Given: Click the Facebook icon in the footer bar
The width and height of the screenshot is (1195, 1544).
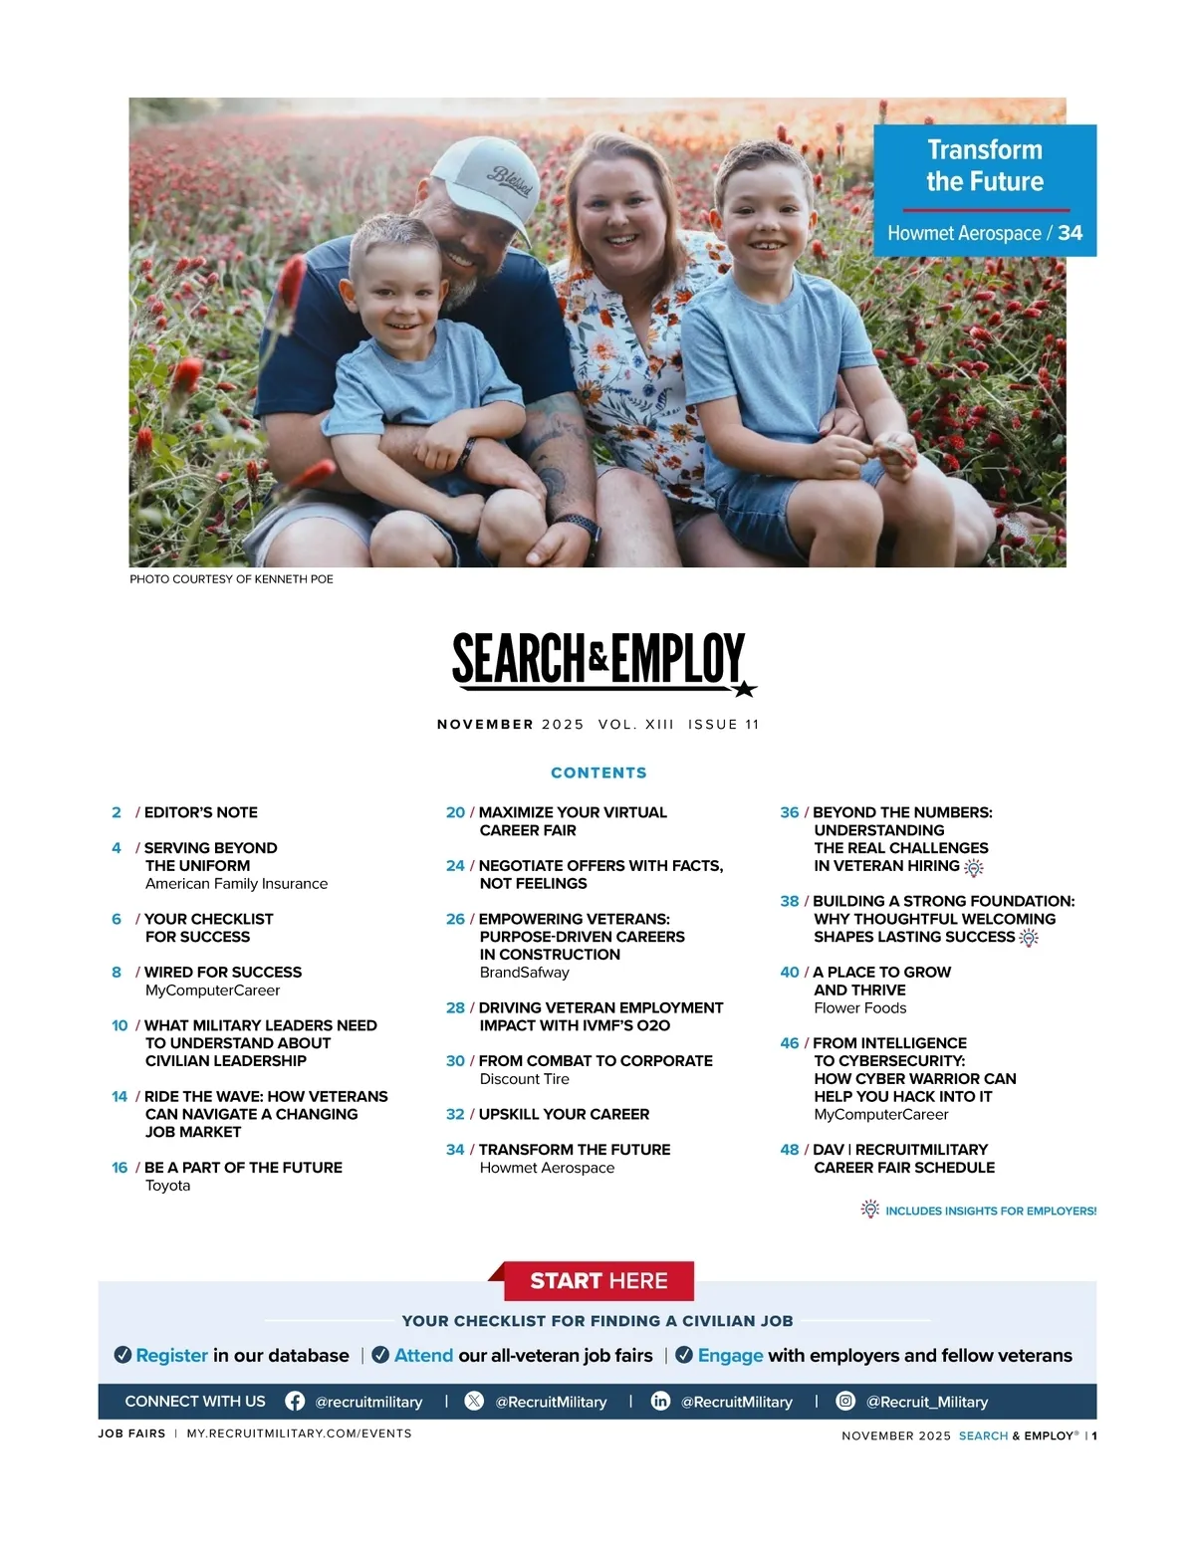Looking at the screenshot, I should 295,1401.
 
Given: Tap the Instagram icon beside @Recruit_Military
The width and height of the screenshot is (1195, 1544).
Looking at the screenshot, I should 845,1401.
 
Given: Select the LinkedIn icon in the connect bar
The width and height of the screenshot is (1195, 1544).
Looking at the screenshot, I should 660,1401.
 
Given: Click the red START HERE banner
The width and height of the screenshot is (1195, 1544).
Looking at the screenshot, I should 598,1281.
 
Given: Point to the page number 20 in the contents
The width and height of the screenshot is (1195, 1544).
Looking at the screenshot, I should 455,812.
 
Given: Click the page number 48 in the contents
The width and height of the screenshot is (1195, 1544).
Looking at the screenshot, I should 790,1149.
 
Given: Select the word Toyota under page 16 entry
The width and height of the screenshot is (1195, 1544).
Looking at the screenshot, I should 167,1185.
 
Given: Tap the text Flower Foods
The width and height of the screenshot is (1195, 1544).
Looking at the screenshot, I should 859,1007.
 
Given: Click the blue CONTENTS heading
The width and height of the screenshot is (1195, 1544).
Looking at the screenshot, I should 598,772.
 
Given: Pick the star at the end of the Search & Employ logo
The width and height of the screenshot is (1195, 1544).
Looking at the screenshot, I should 744,688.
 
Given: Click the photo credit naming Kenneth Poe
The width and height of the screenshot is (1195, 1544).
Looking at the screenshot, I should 231,578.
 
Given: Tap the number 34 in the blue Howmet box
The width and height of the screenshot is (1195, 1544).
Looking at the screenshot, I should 1070,233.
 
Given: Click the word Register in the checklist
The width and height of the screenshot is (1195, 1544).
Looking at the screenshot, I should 171,1355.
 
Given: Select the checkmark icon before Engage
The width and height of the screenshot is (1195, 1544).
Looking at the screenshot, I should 684,1355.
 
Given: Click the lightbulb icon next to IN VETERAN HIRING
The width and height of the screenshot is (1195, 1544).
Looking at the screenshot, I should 974,867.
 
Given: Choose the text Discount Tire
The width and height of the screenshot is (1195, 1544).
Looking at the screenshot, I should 524,1078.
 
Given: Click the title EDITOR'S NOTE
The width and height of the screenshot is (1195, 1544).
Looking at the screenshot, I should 200,812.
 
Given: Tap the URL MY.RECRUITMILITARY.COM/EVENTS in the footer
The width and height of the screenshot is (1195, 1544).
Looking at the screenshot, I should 299,1434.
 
